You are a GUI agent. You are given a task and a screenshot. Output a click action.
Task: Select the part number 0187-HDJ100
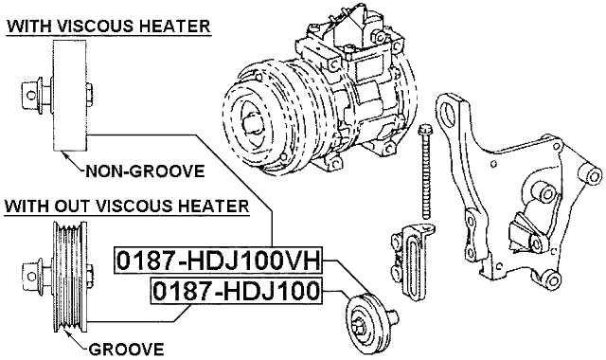tap(236, 292)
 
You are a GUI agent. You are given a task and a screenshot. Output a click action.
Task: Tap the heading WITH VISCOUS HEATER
tap(108, 26)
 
